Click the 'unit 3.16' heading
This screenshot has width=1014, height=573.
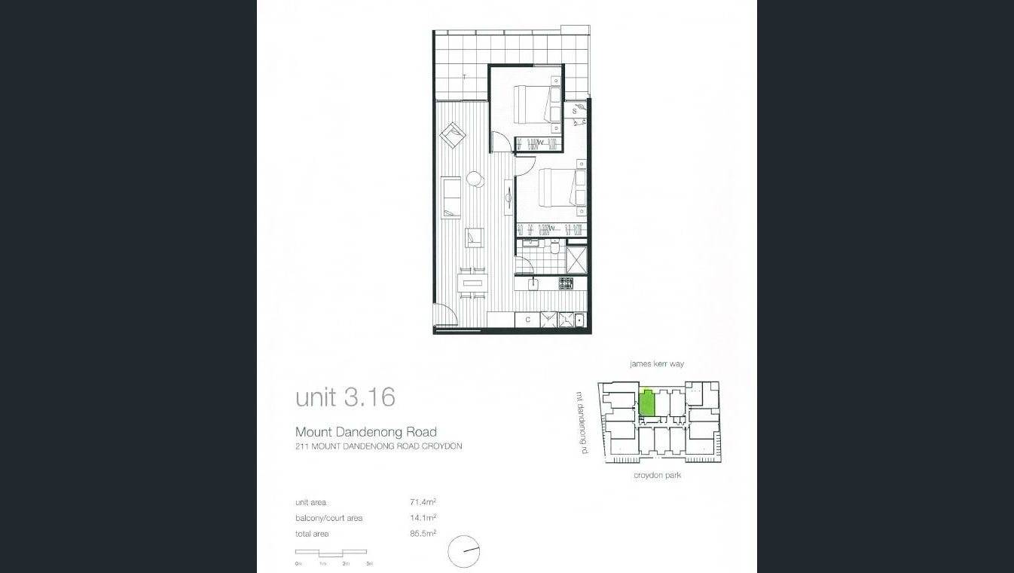pyautogui.click(x=345, y=397)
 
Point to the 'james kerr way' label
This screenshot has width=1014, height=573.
pyautogui.click(x=657, y=364)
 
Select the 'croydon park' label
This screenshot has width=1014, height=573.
pyautogui.click(x=657, y=476)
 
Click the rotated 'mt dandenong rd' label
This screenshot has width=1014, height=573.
pyautogui.click(x=581, y=421)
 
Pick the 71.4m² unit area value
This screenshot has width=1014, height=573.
pyautogui.click(x=423, y=502)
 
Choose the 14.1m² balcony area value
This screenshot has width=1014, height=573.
pyautogui.click(x=423, y=518)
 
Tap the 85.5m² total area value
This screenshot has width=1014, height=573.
pyautogui.click(x=423, y=534)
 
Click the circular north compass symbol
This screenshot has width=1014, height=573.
pyautogui.click(x=463, y=552)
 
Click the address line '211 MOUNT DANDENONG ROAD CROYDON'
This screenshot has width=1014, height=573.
pyautogui.click(x=378, y=446)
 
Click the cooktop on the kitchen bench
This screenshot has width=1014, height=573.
pyautogui.click(x=565, y=283)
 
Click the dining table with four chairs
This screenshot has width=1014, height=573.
pyautogui.click(x=472, y=284)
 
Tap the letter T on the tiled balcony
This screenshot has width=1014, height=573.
pyautogui.click(x=464, y=77)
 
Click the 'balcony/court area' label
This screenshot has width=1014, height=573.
pyautogui.click(x=329, y=518)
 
